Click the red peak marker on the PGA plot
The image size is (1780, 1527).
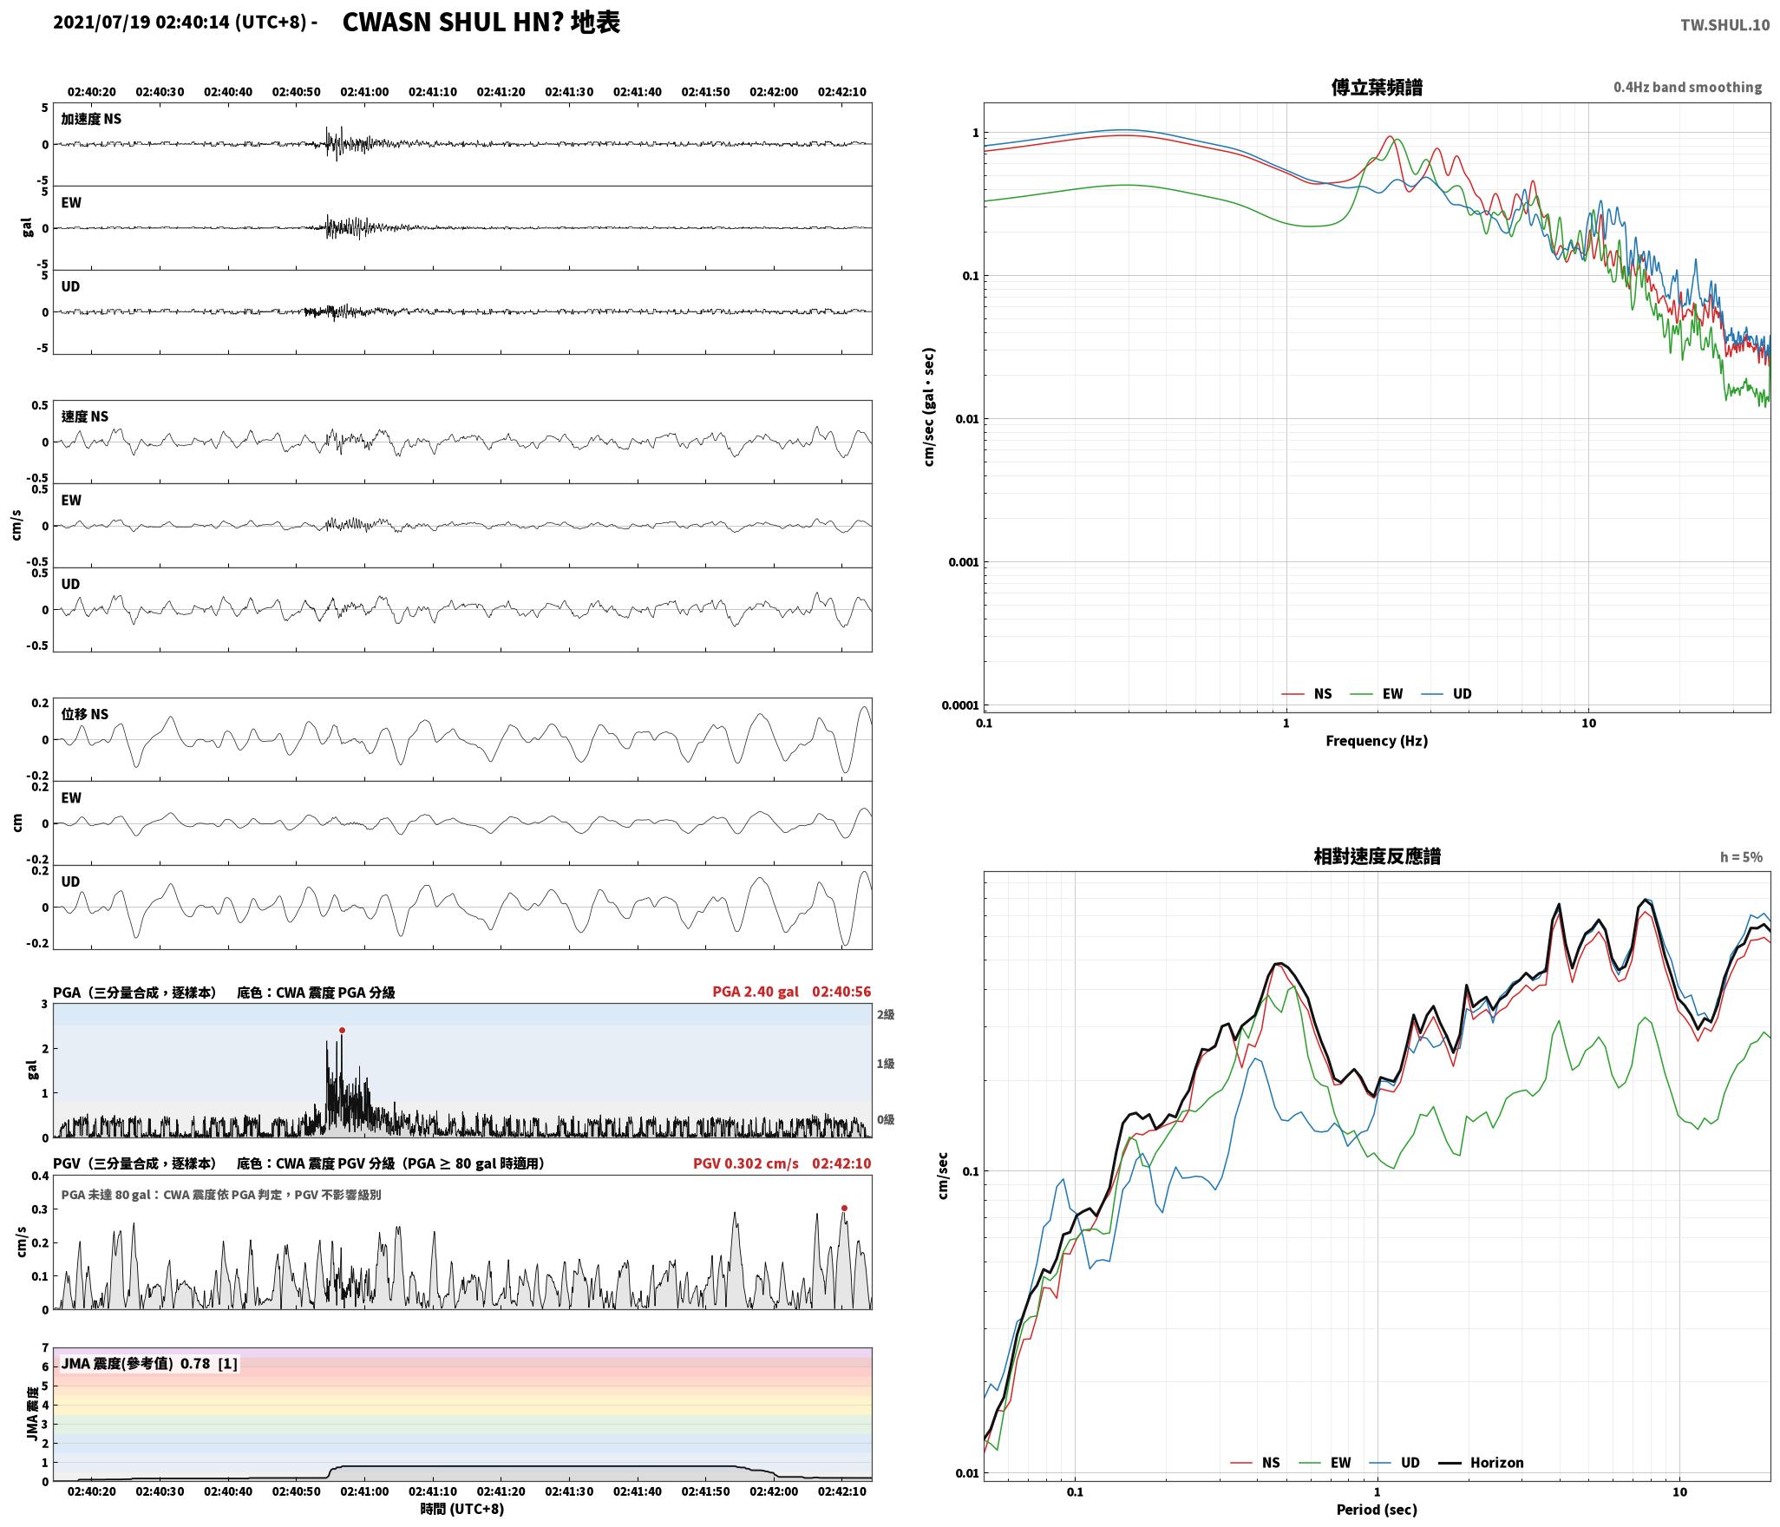[342, 1031]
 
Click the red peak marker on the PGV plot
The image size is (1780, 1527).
[844, 1208]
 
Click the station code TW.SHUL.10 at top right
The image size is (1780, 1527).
[1724, 25]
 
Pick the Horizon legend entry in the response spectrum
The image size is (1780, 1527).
[1482, 1463]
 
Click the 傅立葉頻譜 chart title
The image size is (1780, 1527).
[1377, 88]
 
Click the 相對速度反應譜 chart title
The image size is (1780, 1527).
[1377, 856]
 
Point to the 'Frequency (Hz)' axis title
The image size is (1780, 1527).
[1377, 741]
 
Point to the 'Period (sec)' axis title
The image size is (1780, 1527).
[1377, 1510]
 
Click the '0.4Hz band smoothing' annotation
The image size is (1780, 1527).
[1687, 88]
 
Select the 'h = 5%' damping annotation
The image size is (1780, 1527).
[1741, 857]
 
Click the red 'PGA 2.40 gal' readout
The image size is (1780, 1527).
[756, 992]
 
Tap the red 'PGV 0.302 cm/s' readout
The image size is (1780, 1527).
[746, 1163]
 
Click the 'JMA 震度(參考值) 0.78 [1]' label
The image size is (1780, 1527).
[149, 1364]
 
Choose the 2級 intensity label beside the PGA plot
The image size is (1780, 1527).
[885, 1014]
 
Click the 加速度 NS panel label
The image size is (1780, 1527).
[91, 119]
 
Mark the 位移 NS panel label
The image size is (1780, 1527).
[85, 714]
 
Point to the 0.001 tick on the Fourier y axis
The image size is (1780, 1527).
[963, 562]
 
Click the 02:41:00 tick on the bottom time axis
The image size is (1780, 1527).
[364, 1491]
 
